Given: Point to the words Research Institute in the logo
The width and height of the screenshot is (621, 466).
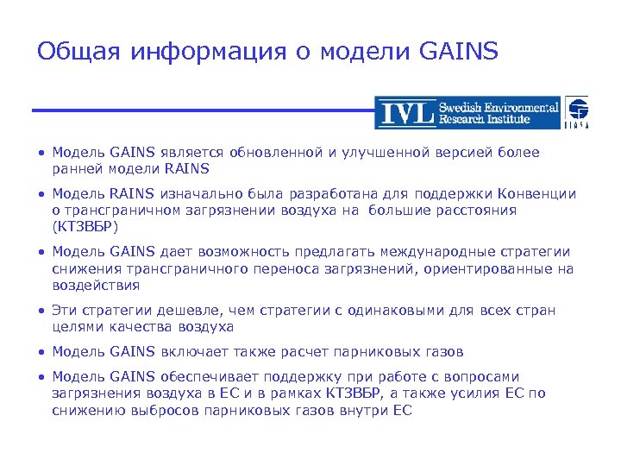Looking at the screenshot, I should tap(498, 119).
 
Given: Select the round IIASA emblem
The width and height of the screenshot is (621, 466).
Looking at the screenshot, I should tap(578, 110).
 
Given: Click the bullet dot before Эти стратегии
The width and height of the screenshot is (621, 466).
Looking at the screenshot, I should tap(41, 310).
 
